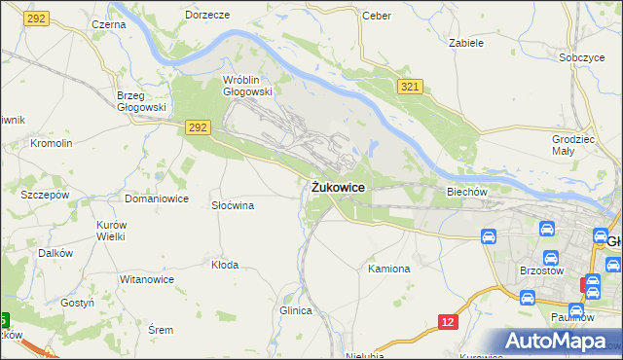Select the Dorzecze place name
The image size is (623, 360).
207,16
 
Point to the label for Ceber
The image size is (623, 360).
376,16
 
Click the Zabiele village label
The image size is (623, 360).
466,43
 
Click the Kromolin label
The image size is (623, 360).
52,143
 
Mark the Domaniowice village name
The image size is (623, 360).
156,198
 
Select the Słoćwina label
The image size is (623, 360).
233,205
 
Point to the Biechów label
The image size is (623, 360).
466,192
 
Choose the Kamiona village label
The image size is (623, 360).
389,268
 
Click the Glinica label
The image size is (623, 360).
295,310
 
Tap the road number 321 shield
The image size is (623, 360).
410,89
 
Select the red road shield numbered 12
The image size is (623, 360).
447,322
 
